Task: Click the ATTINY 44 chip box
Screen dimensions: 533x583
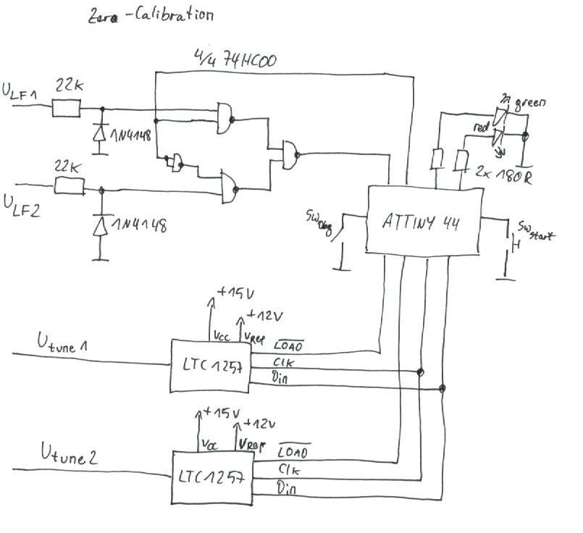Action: [x=424, y=220]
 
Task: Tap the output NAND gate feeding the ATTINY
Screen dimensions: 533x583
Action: [x=290, y=154]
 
